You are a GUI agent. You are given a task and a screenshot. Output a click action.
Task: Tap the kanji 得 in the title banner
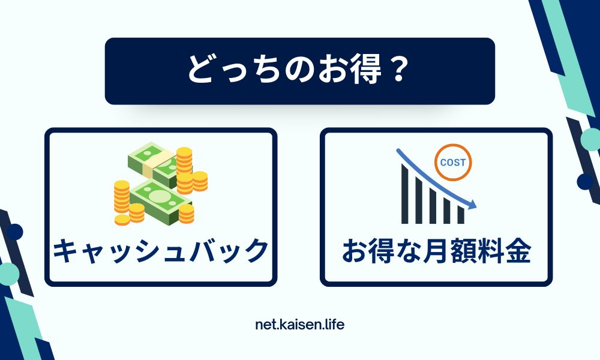367,70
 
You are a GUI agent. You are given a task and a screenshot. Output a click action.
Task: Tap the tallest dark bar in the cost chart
405,194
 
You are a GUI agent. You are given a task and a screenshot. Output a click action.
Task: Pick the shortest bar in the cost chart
461,215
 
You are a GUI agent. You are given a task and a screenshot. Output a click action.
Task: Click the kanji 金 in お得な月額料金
518,251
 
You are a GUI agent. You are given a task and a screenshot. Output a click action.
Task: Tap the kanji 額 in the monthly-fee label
463,251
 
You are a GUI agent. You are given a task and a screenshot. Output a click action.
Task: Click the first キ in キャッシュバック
66,251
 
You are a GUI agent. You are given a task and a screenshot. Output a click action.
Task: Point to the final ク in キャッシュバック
257,251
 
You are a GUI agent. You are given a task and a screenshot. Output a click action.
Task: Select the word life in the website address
335,325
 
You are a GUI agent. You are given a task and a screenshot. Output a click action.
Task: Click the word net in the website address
264,325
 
